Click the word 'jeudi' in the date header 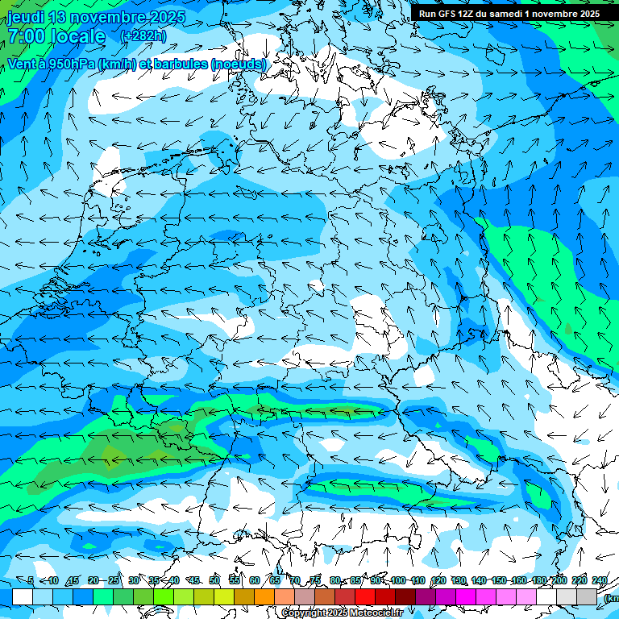tap(27, 17)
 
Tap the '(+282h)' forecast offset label tap(143, 36)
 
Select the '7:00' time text tap(26, 36)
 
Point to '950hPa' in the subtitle tap(70, 64)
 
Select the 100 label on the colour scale tap(397, 580)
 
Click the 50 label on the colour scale tap(214, 580)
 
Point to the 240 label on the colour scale tap(599, 580)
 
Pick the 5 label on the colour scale tap(31, 580)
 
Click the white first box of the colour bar tap(23, 596)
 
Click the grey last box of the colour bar tap(587, 596)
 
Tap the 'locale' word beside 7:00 tap(77, 36)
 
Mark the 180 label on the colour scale tap(538, 580)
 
